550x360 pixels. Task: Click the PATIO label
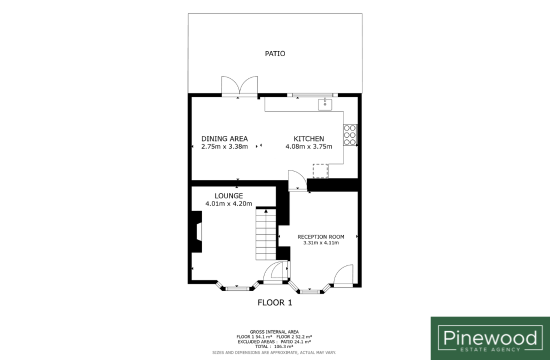(275, 53)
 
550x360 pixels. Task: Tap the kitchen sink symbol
(325, 104)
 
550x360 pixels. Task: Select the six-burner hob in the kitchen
(349, 135)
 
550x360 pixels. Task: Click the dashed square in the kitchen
(320, 171)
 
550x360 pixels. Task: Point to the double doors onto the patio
(240, 86)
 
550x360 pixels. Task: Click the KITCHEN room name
(308, 139)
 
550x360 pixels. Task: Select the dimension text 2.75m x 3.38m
(224, 146)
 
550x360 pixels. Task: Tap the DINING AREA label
(224, 139)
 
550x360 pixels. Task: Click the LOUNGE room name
(228, 196)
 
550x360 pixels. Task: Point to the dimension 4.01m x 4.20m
(228, 203)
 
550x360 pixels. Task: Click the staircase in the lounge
(266, 234)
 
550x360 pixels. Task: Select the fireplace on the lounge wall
(196, 231)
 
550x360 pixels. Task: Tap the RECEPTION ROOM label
(321, 237)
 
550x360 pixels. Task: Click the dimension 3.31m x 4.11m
(321, 242)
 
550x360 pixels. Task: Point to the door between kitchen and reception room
(297, 180)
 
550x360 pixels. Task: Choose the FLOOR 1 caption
(275, 302)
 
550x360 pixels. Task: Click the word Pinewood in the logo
(490, 338)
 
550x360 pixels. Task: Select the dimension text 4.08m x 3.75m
(308, 146)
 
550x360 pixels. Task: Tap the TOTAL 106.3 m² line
(274, 346)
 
